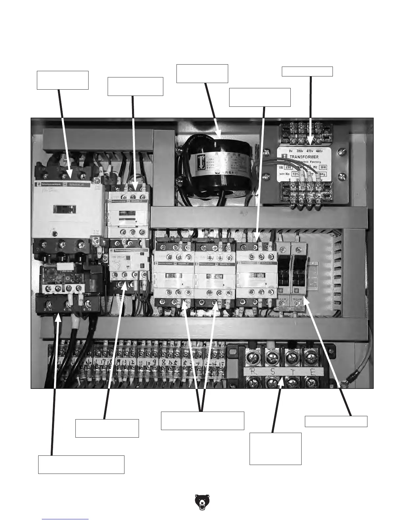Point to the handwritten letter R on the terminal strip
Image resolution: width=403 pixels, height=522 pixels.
(x=254, y=372)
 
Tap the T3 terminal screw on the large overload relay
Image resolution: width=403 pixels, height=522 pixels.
(x=88, y=303)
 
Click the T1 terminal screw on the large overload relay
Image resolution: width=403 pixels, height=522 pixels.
(x=49, y=303)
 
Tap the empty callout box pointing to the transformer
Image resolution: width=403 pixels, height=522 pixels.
(x=307, y=72)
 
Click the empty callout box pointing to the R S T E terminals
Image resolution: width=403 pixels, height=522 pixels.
(x=275, y=449)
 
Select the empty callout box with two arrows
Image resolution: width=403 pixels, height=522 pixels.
(x=202, y=420)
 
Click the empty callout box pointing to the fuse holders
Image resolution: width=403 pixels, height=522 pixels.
(x=336, y=421)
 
